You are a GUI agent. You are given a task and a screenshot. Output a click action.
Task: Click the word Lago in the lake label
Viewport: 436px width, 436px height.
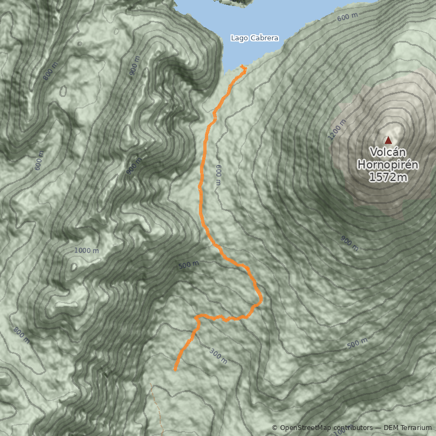[x=239, y=38]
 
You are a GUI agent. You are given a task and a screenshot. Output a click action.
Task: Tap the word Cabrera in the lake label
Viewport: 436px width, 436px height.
[x=264, y=38]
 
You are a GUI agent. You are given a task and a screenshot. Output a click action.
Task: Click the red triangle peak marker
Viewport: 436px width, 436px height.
[x=388, y=140]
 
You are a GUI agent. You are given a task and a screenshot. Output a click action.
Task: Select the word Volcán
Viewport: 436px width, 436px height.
[x=388, y=152]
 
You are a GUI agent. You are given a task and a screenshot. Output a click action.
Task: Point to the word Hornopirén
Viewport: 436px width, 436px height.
[x=388, y=164]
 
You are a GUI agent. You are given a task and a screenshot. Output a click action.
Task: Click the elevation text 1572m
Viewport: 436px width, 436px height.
[x=388, y=177]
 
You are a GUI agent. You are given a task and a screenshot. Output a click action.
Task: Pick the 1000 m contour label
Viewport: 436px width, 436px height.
[x=87, y=250]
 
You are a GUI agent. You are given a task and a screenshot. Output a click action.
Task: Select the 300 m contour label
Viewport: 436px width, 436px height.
[x=218, y=356]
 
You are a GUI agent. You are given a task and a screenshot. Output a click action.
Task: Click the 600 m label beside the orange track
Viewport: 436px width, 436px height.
[x=219, y=175]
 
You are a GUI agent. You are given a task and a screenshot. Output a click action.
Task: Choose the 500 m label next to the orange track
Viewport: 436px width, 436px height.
[x=188, y=265]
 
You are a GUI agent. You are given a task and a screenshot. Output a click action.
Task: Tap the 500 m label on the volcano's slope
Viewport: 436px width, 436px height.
[x=358, y=344]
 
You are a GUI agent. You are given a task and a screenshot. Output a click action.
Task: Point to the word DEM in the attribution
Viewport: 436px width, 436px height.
[x=391, y=428]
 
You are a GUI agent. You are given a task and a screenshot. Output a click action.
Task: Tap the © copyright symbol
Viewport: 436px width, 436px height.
[x=275, y=428]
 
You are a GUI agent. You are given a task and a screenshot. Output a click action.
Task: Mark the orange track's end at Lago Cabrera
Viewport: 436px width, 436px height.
[x=243, y=68]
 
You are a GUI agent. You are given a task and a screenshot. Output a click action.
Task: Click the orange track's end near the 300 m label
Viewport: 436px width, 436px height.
[x=175, y=370]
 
